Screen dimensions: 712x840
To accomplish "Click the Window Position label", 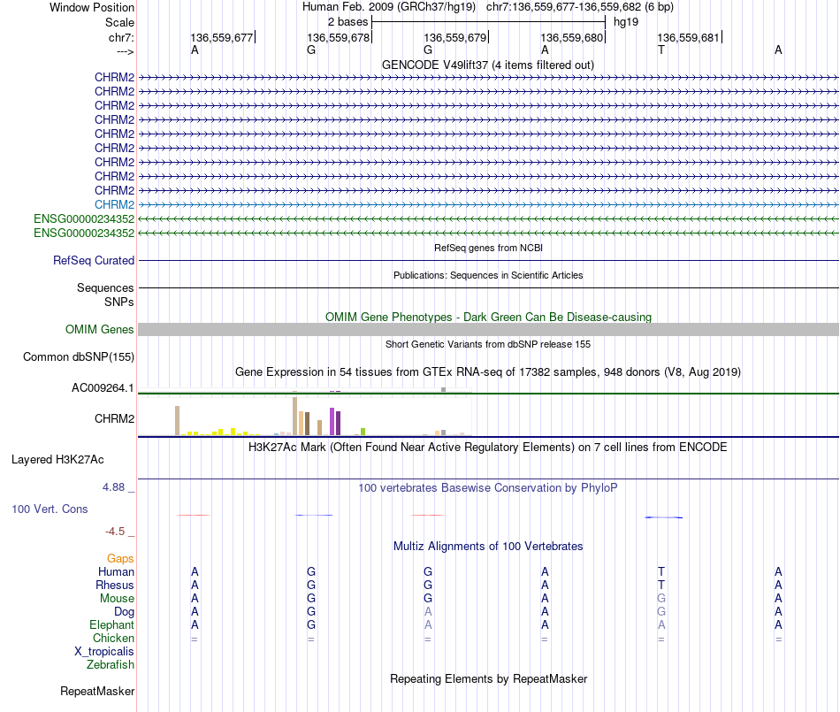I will [x=92, y=7].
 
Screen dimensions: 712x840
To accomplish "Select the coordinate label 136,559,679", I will [x=455, y=37].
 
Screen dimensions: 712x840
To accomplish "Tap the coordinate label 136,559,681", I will [x=689, y=37].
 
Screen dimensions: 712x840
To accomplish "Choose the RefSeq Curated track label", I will [x=94, y=261].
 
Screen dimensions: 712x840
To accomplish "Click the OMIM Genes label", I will [x=100, y=330].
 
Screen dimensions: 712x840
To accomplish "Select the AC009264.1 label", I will [x=103, y=387].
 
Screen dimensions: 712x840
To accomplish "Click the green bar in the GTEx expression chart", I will [x=363, y=432].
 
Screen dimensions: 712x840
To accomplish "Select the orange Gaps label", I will [x=120, y=558].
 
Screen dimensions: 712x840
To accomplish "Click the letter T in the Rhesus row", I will [x=661, y=585].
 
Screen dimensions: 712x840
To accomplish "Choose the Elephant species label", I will [x=112, y=624].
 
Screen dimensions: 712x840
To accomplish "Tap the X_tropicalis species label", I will [x=104, y=651].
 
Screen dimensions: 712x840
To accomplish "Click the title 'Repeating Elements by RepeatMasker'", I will [x=488, y=678].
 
